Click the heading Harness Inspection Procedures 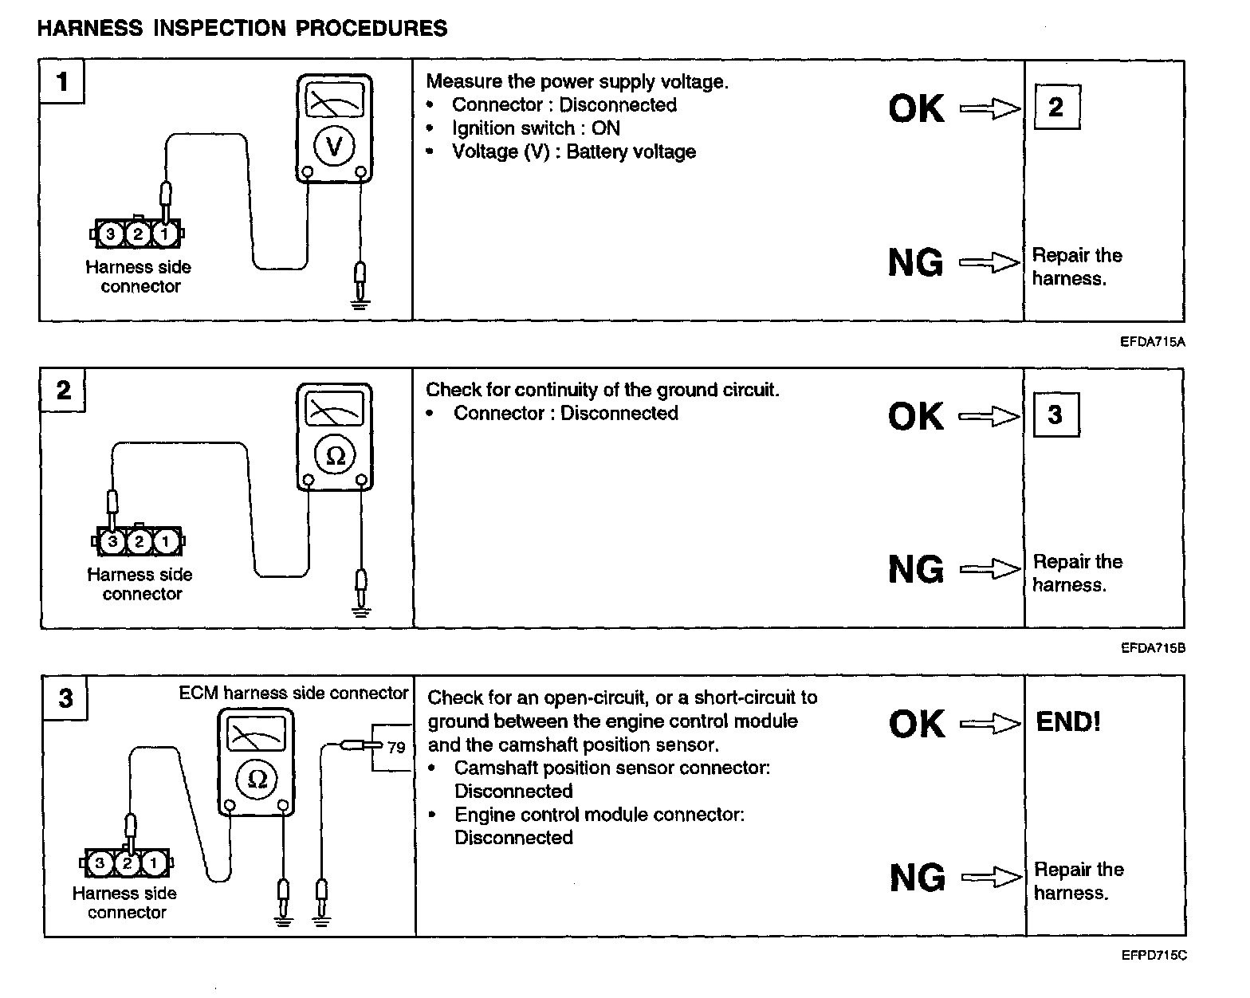[x=242, y=29]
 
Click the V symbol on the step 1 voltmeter [x=335, y=146]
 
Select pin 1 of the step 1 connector [x=165, y=234]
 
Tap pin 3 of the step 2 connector [x=112, y=542]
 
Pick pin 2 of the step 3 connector [x=127, y=862]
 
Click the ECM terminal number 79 [x=396, y=748]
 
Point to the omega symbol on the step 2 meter [x=336, y=455]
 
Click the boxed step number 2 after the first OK [x=1056, y=107]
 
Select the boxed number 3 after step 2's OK [x=1055, y=415]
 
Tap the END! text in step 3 [x=1068, y=722]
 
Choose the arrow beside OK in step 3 [x=991, y=724]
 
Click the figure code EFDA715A [x=1153, y=342]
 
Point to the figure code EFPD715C [x=1154, y=955]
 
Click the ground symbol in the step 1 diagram [x=360, y=301]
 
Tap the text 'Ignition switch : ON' [x=536, y=128]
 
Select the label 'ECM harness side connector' [x=293, y=693]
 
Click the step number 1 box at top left [x=62, y=81]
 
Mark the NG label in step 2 [x=916, y=569]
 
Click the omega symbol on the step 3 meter [x=257, y=778]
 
